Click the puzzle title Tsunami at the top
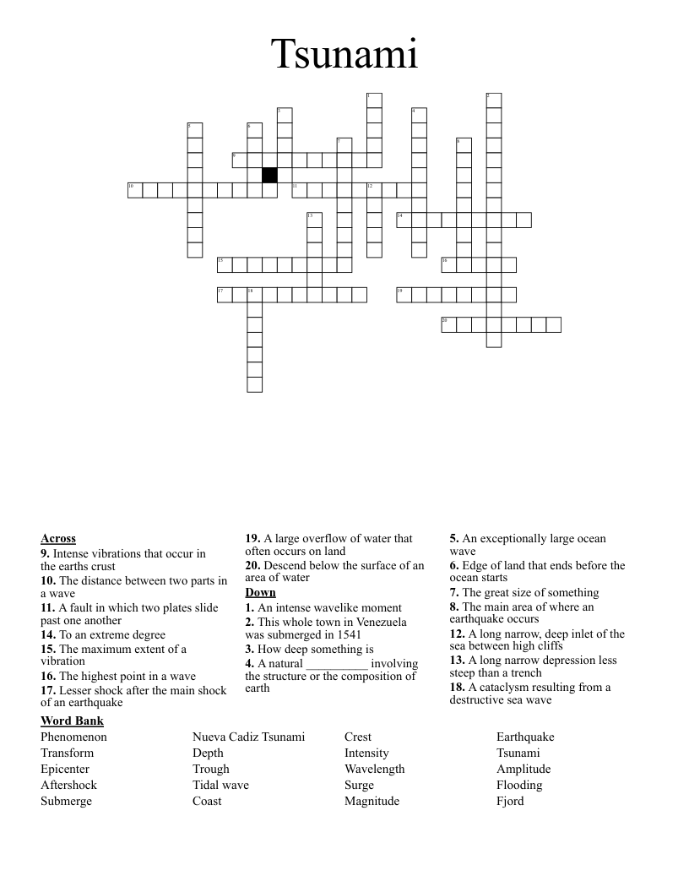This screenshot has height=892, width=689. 344,55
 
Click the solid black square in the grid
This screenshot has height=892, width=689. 269,175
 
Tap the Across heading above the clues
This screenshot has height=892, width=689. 58,539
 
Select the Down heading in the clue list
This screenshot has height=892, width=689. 260,592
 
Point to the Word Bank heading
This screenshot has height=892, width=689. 72,721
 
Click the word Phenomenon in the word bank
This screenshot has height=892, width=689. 73,737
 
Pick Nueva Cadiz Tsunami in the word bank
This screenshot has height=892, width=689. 248,737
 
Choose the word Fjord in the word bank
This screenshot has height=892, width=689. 510,801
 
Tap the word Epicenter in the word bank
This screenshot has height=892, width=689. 65,769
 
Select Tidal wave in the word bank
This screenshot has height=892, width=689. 220,785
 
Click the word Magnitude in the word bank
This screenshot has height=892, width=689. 372,801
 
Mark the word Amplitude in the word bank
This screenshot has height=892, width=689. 524,769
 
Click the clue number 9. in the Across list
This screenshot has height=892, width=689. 46,553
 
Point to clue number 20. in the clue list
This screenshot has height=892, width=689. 253,565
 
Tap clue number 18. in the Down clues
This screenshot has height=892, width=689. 458,687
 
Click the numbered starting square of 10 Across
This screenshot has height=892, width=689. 135,190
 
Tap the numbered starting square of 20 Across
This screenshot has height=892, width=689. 448,325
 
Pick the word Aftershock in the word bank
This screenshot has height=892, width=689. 68,785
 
